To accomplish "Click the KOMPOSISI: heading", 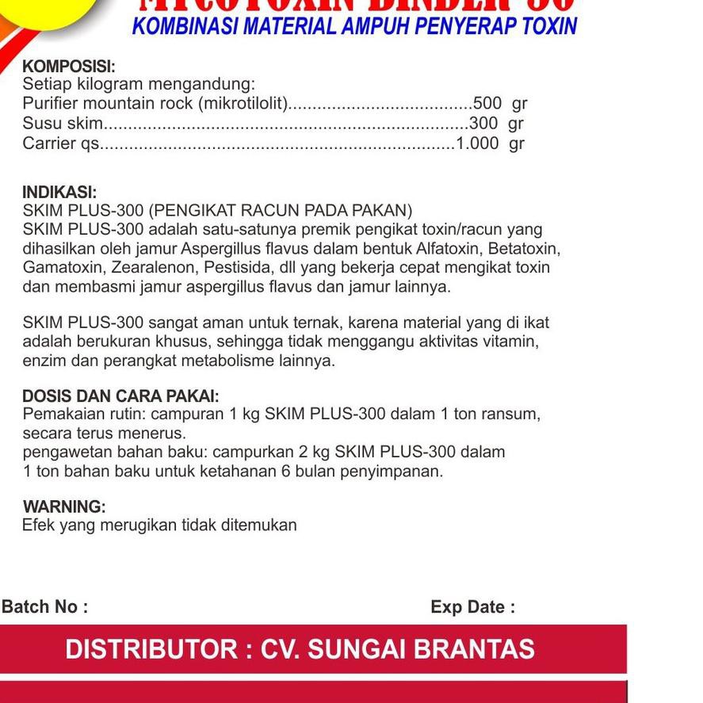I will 69,67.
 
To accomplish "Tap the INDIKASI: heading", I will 59,192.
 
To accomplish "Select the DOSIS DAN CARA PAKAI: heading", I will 120,395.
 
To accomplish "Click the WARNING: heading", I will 64,506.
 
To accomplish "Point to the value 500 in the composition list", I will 487,103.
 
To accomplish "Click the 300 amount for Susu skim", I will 483,123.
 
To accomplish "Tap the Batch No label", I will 44,607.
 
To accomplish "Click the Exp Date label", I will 472,607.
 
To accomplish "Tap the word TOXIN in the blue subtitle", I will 549,26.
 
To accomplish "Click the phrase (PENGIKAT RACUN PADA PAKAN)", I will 281,211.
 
